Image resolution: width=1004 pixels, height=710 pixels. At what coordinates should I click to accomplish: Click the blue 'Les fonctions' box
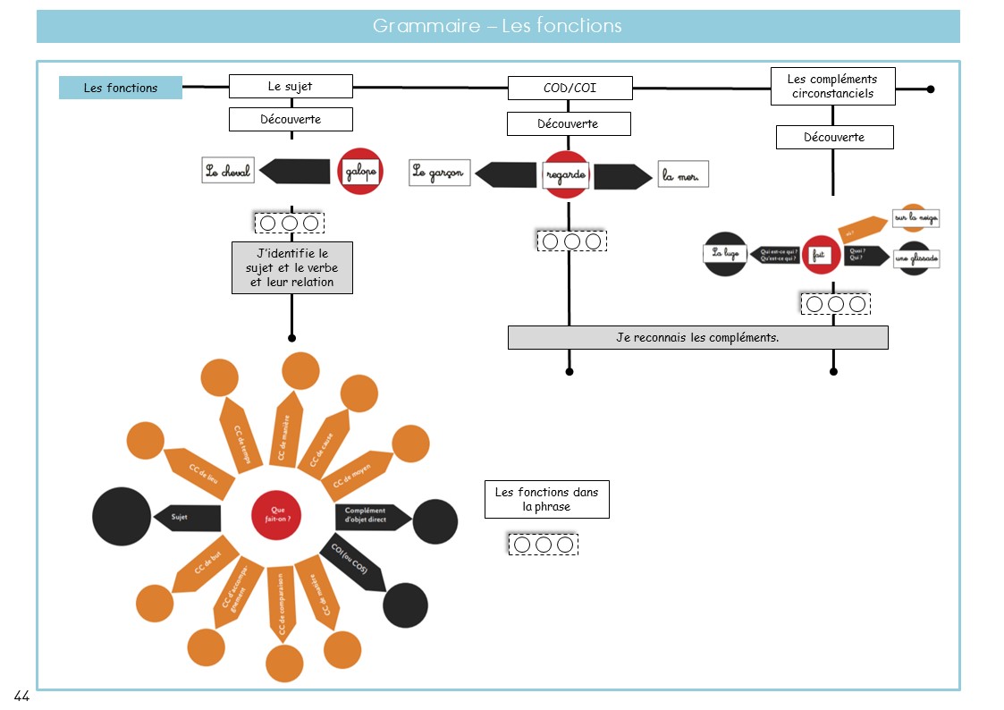[x=121, y=88]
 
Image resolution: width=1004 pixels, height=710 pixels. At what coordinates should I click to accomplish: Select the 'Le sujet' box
[x=291, y=87]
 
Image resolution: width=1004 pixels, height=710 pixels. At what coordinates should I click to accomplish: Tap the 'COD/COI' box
[x=569, y=89]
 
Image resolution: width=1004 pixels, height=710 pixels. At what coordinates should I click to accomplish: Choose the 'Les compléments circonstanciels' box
[x=832, y=86]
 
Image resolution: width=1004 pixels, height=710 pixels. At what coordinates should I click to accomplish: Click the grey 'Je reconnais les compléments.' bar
[x=697, y=337]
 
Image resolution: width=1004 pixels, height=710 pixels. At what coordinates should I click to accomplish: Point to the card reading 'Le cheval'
[x=228, y=171]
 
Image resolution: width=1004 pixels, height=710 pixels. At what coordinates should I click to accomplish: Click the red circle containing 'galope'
[x=360, y=171]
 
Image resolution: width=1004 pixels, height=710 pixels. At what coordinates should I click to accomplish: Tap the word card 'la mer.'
[x=683, y=174]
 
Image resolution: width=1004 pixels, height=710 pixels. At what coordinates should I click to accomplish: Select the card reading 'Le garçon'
[x=440, y=173]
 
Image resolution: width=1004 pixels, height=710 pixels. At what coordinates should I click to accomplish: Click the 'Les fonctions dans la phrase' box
[x=546, y=499]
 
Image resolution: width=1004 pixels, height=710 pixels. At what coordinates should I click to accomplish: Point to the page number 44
[x=21, y=696]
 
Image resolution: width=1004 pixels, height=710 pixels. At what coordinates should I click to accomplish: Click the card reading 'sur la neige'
[x=915, y=217]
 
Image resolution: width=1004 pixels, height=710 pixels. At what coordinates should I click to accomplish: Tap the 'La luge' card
[x=724, y=255]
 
